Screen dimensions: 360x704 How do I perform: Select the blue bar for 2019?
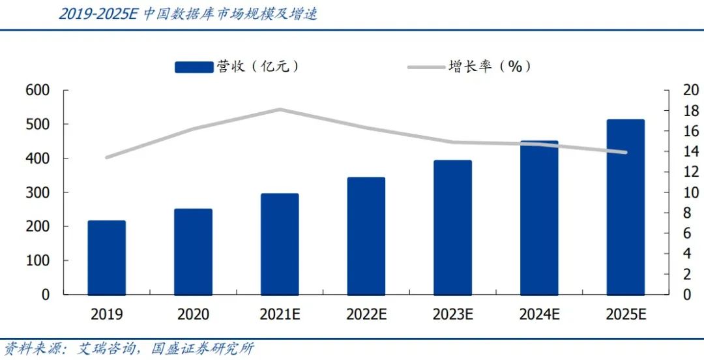(x=107, y=258)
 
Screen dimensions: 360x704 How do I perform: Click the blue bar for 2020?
(x=194, y=252)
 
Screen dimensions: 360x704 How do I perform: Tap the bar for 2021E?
(x=280, y=244)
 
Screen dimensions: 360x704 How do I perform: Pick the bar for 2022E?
(x=366, y=236)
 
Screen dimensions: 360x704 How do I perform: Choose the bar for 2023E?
(x=452, y=228)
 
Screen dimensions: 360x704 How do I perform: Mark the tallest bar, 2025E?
(x=626, y=207)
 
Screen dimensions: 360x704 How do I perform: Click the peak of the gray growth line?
(x=280, y=110)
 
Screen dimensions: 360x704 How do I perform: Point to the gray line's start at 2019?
(x=107, y=157)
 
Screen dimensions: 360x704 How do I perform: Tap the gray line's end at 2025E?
(x=626, y=153)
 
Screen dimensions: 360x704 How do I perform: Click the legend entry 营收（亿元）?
(x=239, y=67)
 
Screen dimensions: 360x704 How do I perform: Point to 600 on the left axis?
(x=38, y=91)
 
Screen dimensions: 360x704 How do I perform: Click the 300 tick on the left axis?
(x=38, y=193)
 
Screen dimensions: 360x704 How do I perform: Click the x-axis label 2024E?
(x=539, y=314)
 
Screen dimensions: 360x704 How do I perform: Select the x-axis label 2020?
(x=194, y=314)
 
